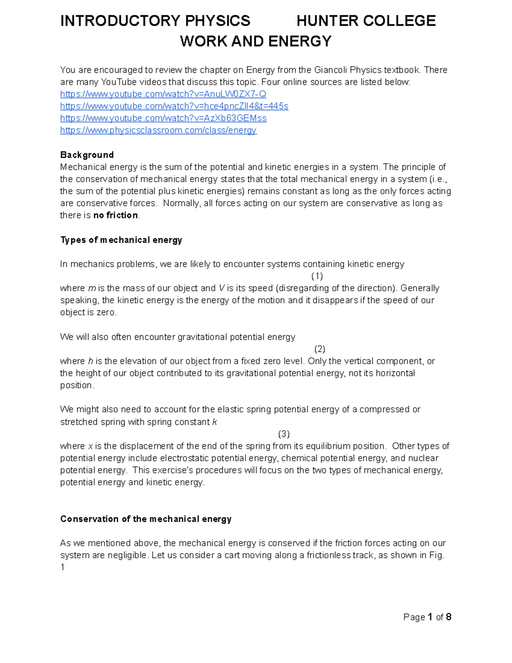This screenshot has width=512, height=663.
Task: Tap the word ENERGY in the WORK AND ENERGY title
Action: [300, 41]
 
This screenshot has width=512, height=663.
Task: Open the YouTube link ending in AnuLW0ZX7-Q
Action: [163, 94]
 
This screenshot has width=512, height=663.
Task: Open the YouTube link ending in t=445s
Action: [174, 106]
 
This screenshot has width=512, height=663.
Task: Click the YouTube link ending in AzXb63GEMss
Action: [163, 118]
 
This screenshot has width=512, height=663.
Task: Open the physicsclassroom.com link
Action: [158, 130]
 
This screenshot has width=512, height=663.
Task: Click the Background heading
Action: [87, 155]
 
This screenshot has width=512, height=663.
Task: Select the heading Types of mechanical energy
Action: [121, 240]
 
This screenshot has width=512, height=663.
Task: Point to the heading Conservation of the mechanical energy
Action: [145, 519]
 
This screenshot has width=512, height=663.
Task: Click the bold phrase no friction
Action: [116, 215]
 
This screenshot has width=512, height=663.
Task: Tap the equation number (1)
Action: [317, 276]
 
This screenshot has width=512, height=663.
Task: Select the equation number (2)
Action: [320, 349]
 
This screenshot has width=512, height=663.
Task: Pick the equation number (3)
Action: [284, 434]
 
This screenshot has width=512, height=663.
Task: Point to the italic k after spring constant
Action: [215, 422]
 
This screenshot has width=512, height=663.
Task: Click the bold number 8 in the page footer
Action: [448, 617]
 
